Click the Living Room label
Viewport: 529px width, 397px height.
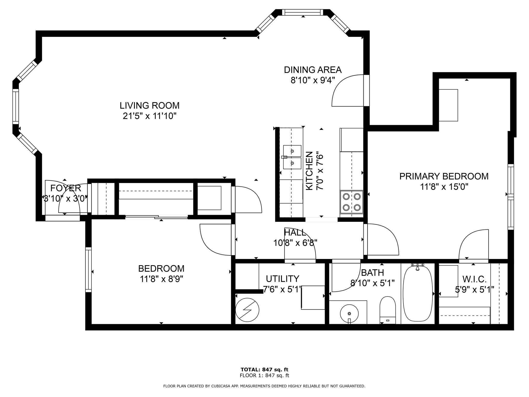[x=149, y=105]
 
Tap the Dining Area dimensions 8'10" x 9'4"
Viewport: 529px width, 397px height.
[x=313, y=80]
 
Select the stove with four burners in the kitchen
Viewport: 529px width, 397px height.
[x=352, y=202]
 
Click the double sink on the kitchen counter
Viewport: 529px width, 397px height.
[x=292, y=157]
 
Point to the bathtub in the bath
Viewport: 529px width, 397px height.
[x=418, y=294]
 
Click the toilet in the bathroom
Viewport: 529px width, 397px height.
[x=387, y=310]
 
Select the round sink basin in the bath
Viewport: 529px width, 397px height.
[x=349, y=313]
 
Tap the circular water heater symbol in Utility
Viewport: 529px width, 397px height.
[x=247, y=310]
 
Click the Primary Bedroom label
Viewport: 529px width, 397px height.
[x=444, y=176]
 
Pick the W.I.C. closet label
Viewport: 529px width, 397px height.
[x=474, y=279]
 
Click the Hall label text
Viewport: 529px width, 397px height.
[x=295, y=233]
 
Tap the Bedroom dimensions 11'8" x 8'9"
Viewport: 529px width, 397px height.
[x=161, y=279]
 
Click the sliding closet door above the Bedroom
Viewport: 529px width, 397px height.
[x=157, y=217]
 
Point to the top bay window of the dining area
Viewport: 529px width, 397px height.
[x=302, y=12]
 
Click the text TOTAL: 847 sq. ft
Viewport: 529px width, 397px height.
[x=264, y=370]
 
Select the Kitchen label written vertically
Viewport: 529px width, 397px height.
[x=309, y=171]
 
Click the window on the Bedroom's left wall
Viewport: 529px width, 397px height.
[x=88, y=270]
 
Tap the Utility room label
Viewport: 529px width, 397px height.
[x=283, y=279]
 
